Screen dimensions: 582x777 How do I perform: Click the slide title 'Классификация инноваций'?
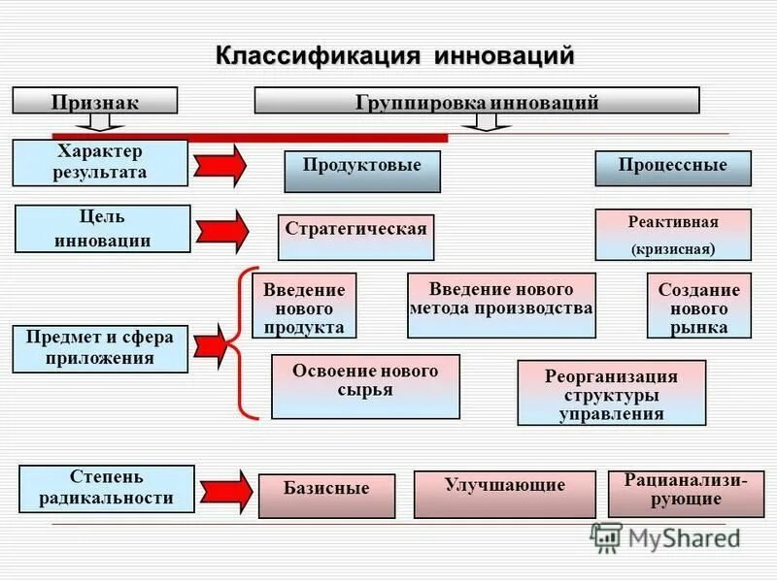tap(394, 54)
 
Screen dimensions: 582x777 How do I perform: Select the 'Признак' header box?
tap(94, 101)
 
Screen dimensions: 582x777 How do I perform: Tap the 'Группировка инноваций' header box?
tap(476, 101)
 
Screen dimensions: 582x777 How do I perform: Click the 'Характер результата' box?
tap(100, 163)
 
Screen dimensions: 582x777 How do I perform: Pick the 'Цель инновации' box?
tap(102, 229)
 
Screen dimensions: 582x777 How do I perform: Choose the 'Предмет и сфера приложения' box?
tap(100, 349)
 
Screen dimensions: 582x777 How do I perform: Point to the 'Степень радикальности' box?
tap(107, 488)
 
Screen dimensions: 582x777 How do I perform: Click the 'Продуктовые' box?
tap(362, 171)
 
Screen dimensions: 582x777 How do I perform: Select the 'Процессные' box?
tap(673, 168)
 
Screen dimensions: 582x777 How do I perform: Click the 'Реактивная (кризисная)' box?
tap(673, 235)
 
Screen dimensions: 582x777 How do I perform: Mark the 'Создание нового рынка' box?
tap(698, 306)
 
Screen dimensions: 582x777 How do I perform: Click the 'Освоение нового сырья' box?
tap(365, 386)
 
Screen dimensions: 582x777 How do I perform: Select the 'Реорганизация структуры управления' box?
tap(611, 393)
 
